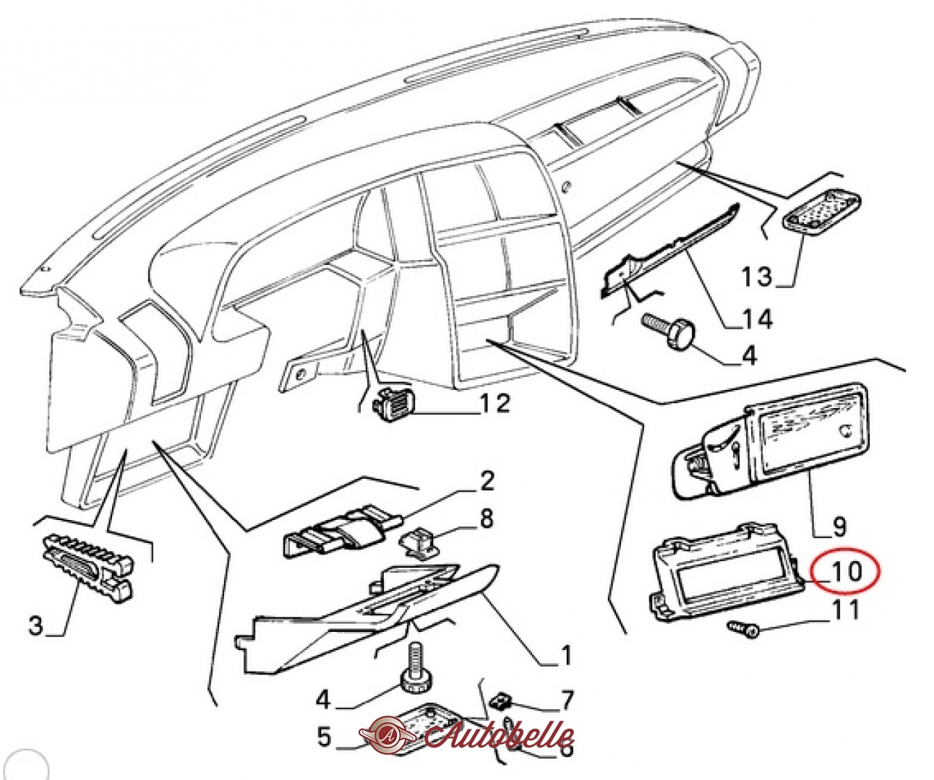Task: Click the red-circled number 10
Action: click(x=845, y=571)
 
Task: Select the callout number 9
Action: click(x=839, y=526)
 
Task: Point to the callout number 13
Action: click(x=757, y=276)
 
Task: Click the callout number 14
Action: click(x=757, y=318)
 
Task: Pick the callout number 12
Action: click(x=496, y=403)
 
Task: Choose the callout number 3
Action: click(x=36, y=625)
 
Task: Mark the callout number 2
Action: click(x=487, y=480)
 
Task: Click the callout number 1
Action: click(x=565, y=656)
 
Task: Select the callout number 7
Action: click(x=567, y=700)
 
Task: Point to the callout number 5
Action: click(x=324, y=737)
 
